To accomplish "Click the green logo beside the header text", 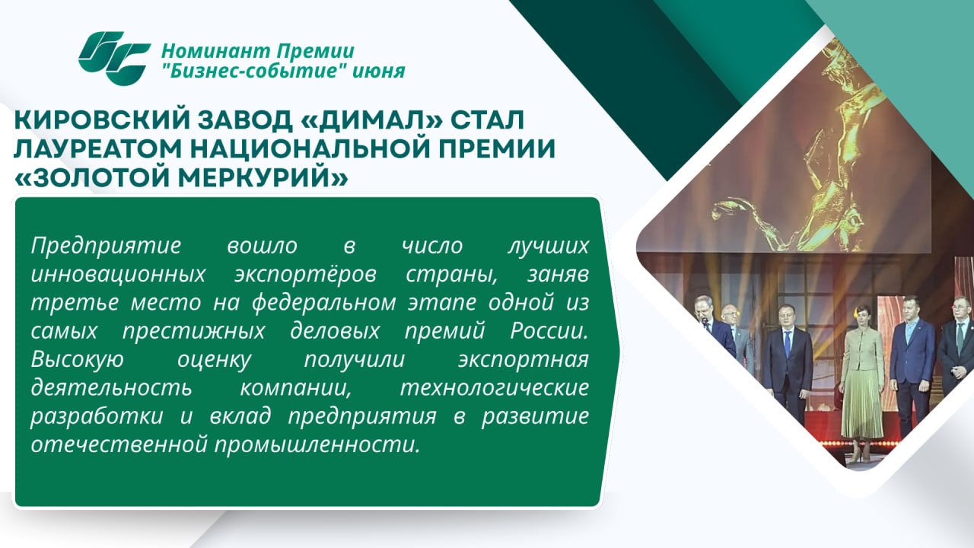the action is pos(114,59).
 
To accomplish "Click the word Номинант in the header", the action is pos(215,52).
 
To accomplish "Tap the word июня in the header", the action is pos(378,72).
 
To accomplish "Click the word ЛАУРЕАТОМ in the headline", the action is pos(97,149).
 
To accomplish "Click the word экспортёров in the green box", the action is pos(305,275).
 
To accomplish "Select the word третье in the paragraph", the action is pos(75,303).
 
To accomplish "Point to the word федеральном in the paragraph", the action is pos(324,303).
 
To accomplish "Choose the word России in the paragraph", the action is pos(549,331).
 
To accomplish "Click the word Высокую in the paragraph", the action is pos(78,360).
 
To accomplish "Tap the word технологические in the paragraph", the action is pos(495,388).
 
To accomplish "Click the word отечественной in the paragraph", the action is pos(119,445).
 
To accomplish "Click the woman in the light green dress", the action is pos(862,383).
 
